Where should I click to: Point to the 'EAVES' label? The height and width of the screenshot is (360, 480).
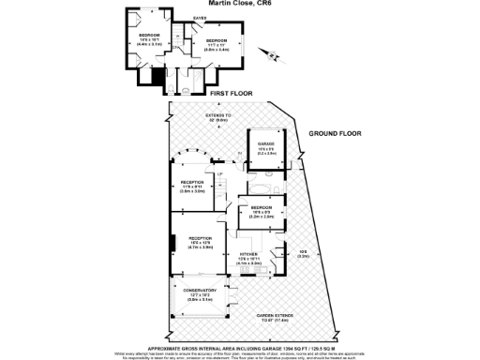pyautogui.click(x=200, y=18)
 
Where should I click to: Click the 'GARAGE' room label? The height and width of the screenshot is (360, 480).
pyautogui.click(x=266, y=144)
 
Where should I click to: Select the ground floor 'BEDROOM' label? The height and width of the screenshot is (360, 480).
pyautogui.click(x=261, y=209)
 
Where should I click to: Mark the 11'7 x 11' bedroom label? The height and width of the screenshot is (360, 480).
pyautogui.click(x=217, y=43)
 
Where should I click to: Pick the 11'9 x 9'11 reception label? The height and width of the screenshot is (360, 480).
pyautogui.click(x=192, y=185)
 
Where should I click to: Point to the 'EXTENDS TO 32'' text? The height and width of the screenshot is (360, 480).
pyautogui.click(x=217, y=117)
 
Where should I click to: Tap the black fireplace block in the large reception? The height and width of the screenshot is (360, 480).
pyautogui.click(x=172, y=243)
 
